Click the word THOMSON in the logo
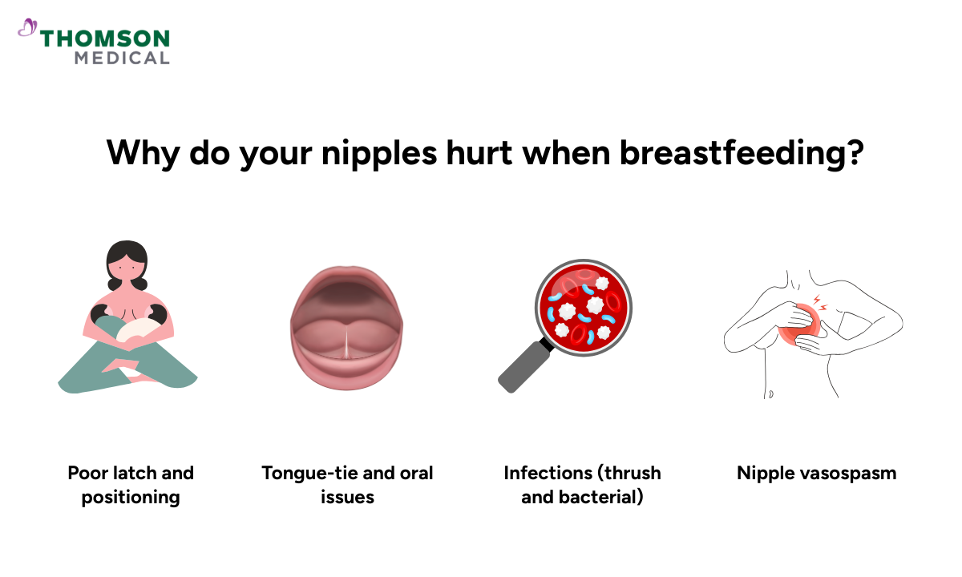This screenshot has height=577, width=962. click(x=104, y=38)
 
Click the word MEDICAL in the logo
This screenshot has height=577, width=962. click(x=122, y=58)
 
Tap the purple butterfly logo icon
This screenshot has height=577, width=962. click(x=27, y=29)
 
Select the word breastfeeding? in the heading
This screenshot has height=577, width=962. click(x=742, y=152)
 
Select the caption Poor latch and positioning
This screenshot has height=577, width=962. click(x=131, y=485)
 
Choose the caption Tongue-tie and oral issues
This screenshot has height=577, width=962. click(x=347, y=485)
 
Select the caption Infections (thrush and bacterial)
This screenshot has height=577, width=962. click(x=582, y=485)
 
